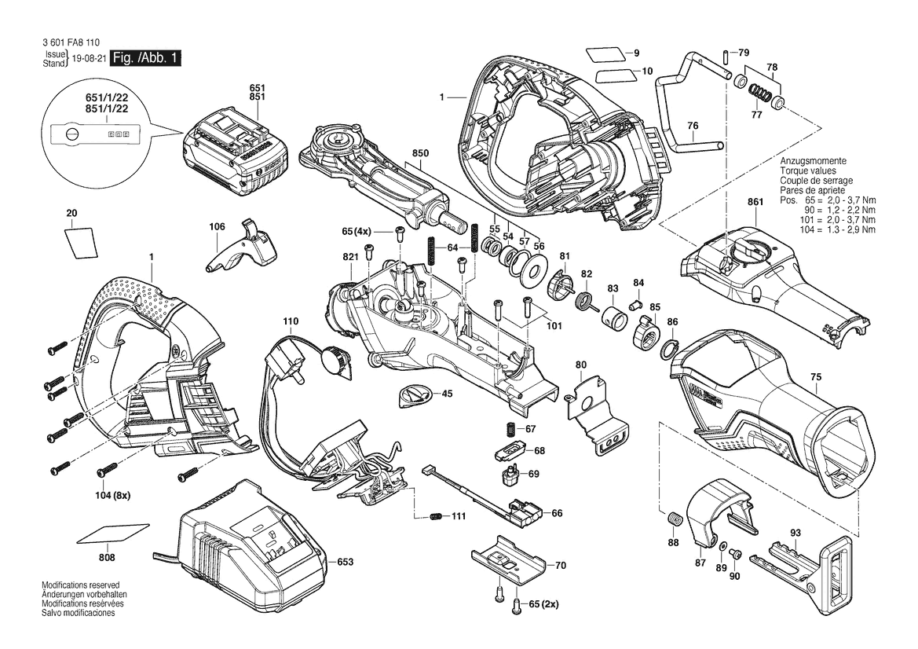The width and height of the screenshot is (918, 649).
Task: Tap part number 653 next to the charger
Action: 346,562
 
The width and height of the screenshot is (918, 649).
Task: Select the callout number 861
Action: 755,203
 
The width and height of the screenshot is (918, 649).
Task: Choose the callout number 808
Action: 108,558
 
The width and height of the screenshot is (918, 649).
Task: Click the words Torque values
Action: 807,170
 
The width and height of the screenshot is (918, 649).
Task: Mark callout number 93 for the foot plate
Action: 795,533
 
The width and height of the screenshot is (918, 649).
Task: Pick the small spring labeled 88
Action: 672,519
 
